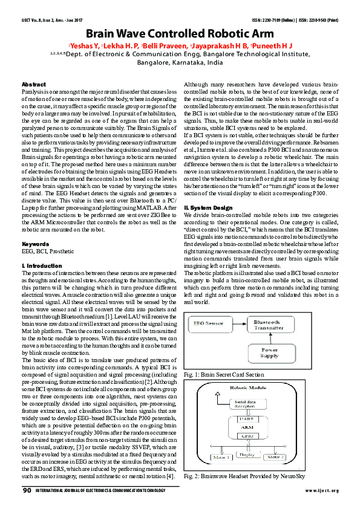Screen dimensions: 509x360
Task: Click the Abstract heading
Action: [x=33, y=84]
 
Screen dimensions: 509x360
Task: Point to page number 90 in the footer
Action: [x=27, y=490]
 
